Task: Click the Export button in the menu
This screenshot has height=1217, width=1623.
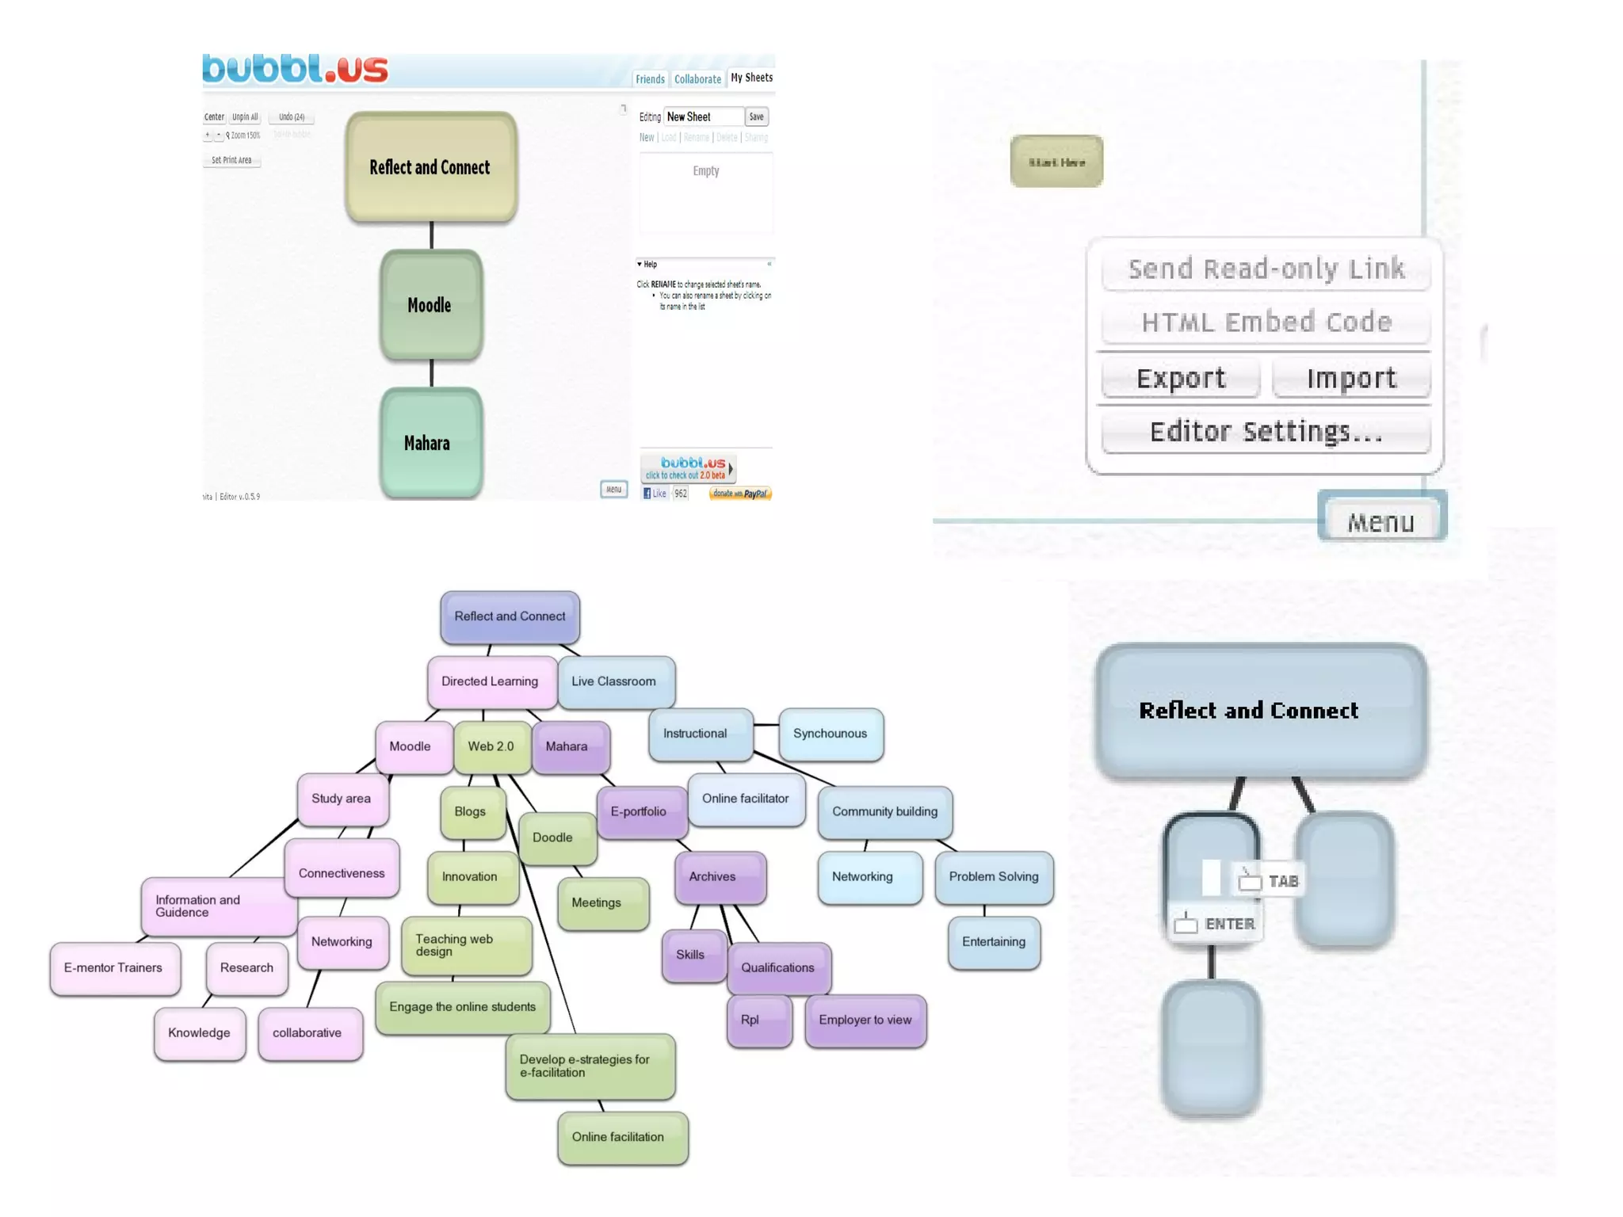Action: (1180, 379)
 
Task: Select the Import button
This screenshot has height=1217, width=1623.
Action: (1351, 379)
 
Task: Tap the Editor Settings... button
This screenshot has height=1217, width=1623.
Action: (1266, 432)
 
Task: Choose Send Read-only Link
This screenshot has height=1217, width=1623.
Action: (1266, 269)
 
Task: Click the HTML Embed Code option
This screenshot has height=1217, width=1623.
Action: (1266, 322)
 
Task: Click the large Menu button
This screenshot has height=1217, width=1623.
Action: (1381, 521)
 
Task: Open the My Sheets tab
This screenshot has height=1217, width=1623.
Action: (751, 78)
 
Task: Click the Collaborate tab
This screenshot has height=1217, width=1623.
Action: (697, 79)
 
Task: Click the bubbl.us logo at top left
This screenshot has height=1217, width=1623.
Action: (295, 69)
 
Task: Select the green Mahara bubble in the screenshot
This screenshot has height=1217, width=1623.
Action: (430, 443)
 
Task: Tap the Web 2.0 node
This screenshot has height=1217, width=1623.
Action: (491, 746)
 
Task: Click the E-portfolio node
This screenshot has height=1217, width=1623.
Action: (640, 811)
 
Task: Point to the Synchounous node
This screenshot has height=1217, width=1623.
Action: (831, 734)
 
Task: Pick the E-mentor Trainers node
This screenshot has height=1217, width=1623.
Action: (114, 967)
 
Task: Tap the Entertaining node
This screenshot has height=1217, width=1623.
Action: (994, 941)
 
